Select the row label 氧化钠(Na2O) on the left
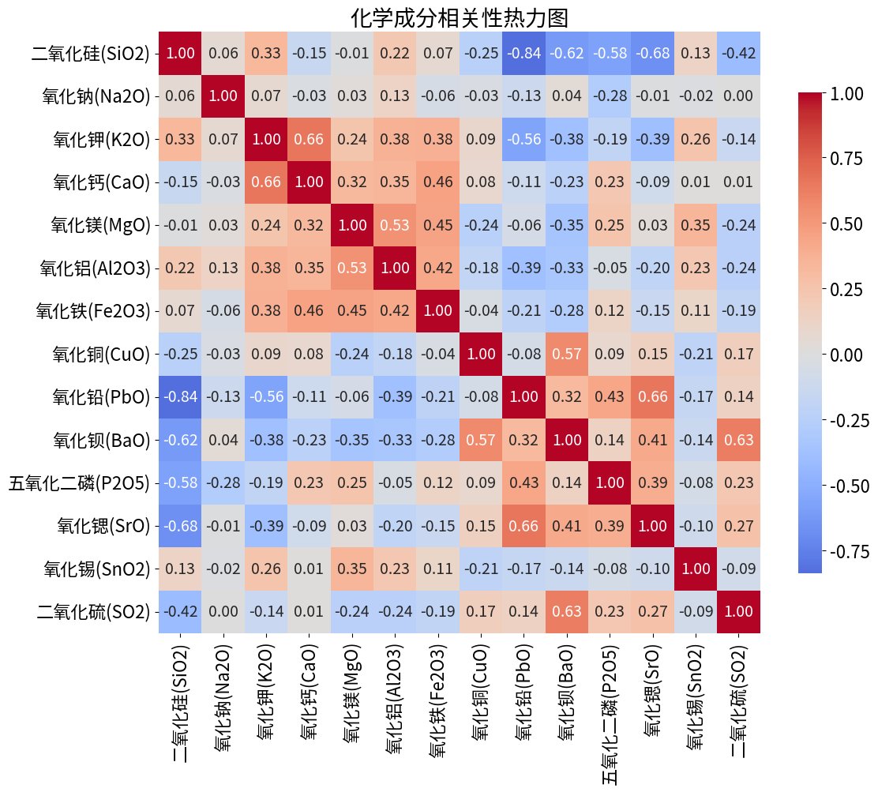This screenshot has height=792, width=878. (96, 96)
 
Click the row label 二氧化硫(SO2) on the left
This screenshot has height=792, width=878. (93, 610)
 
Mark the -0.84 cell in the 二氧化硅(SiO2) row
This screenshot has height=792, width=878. (524, 54)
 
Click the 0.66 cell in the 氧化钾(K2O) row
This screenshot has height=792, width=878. (310, 139)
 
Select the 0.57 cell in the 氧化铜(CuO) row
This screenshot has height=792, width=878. (567, 353)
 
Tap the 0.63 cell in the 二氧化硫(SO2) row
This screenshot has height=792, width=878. (567, 610)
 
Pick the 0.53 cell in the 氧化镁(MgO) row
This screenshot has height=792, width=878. (396, 225)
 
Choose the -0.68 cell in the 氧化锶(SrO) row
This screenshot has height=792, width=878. (181, 525)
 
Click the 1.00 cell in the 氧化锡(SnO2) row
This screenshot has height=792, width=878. (696, 568)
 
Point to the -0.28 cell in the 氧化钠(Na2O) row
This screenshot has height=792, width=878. (610, 96)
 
